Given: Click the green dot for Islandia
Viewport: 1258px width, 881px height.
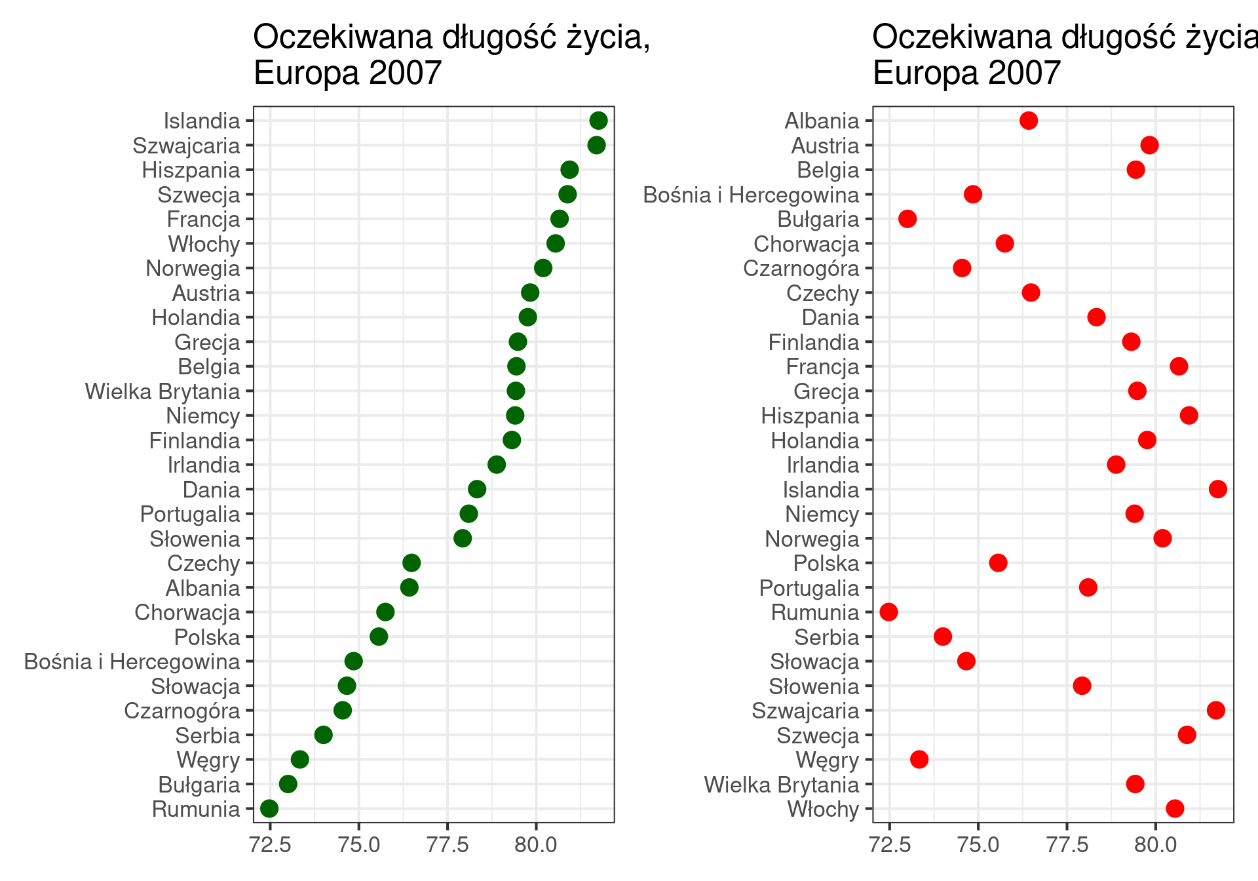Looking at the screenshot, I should (598, 121).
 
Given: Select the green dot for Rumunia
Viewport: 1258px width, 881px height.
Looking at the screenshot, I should (269, 808).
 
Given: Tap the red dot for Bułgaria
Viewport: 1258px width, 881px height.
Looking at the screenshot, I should (907, 219).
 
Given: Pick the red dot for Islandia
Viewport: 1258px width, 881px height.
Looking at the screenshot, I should (1218, 489).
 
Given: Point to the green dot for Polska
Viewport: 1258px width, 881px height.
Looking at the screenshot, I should (379, 636).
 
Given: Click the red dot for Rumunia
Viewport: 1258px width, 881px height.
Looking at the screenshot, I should (888, 612).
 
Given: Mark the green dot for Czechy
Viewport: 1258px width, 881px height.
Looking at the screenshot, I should (411, 563).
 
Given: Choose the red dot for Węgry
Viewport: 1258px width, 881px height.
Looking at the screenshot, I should (919, 760).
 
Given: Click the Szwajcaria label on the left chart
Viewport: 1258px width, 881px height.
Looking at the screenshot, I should (186, 146).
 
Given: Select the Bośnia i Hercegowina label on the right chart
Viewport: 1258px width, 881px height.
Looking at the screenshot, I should (751, 195).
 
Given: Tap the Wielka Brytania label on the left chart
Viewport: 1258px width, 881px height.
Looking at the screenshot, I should (162, 391).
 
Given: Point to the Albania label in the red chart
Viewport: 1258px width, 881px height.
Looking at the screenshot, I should (822, 121).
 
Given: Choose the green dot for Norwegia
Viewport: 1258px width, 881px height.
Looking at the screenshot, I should (543, 268).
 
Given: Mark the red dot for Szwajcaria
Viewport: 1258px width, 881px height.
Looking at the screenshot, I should (1216, 711).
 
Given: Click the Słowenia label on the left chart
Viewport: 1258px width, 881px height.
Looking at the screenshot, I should (195, 539).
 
